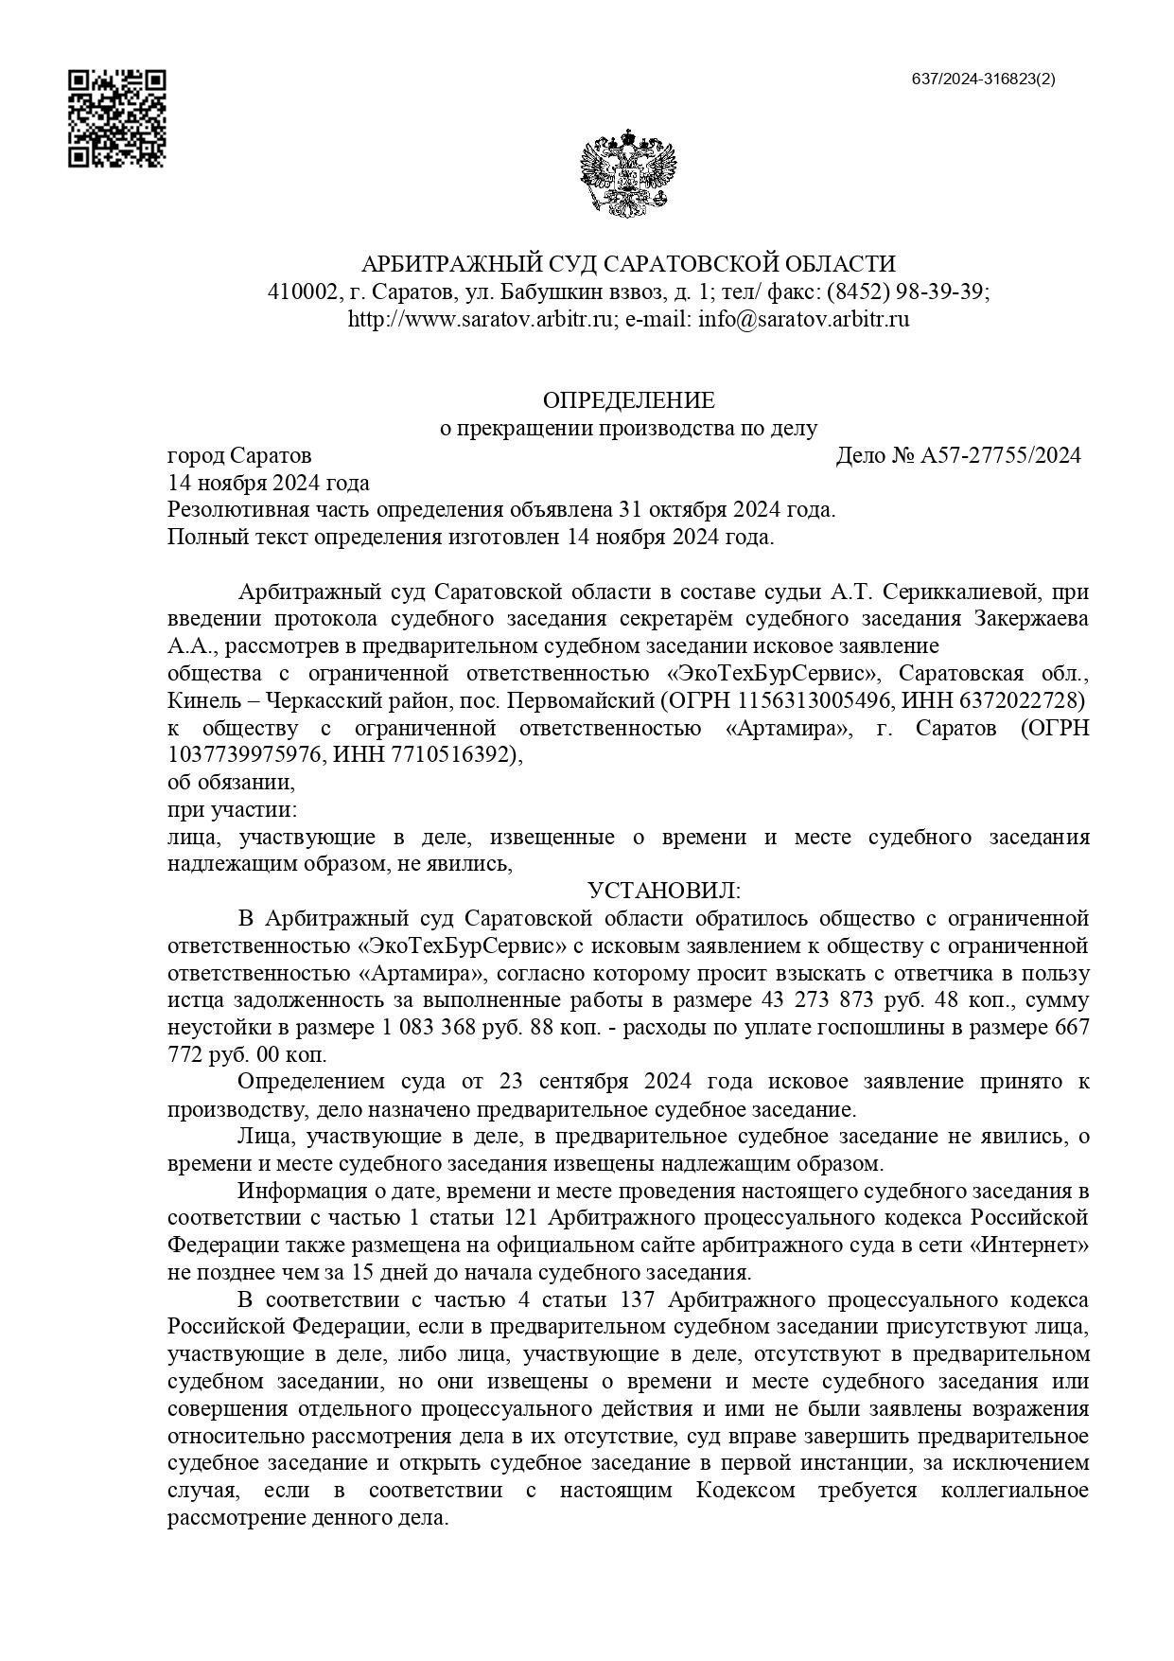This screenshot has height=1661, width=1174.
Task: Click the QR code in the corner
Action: [x=117, y=118]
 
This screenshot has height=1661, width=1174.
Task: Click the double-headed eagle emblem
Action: [x=628, y=174]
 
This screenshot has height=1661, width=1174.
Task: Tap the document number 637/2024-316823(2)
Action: [x=983, y=80]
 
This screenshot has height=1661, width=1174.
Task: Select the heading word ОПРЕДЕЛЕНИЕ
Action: [x=628, y=400]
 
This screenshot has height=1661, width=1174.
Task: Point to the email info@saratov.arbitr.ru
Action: [x=803, y=319]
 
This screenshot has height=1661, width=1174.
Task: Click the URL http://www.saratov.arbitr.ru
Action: [x=482, y=319]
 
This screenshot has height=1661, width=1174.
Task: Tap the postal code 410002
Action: [x=301, y=292]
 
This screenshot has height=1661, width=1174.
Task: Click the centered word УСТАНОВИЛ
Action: [x=663, y=892]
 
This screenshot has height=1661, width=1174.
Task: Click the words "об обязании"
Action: [x=231, y=783]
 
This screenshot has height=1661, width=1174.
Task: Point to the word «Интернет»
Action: [x=1029, y=1244]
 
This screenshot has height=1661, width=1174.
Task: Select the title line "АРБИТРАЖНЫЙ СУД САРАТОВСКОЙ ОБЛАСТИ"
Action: [x=628, y=264]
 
